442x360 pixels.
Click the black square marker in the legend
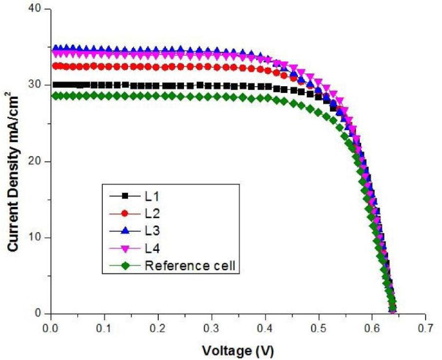pyautogui.click(x=125, y=196)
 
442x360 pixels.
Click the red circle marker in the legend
pyautogui.click(x=125, y=213)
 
